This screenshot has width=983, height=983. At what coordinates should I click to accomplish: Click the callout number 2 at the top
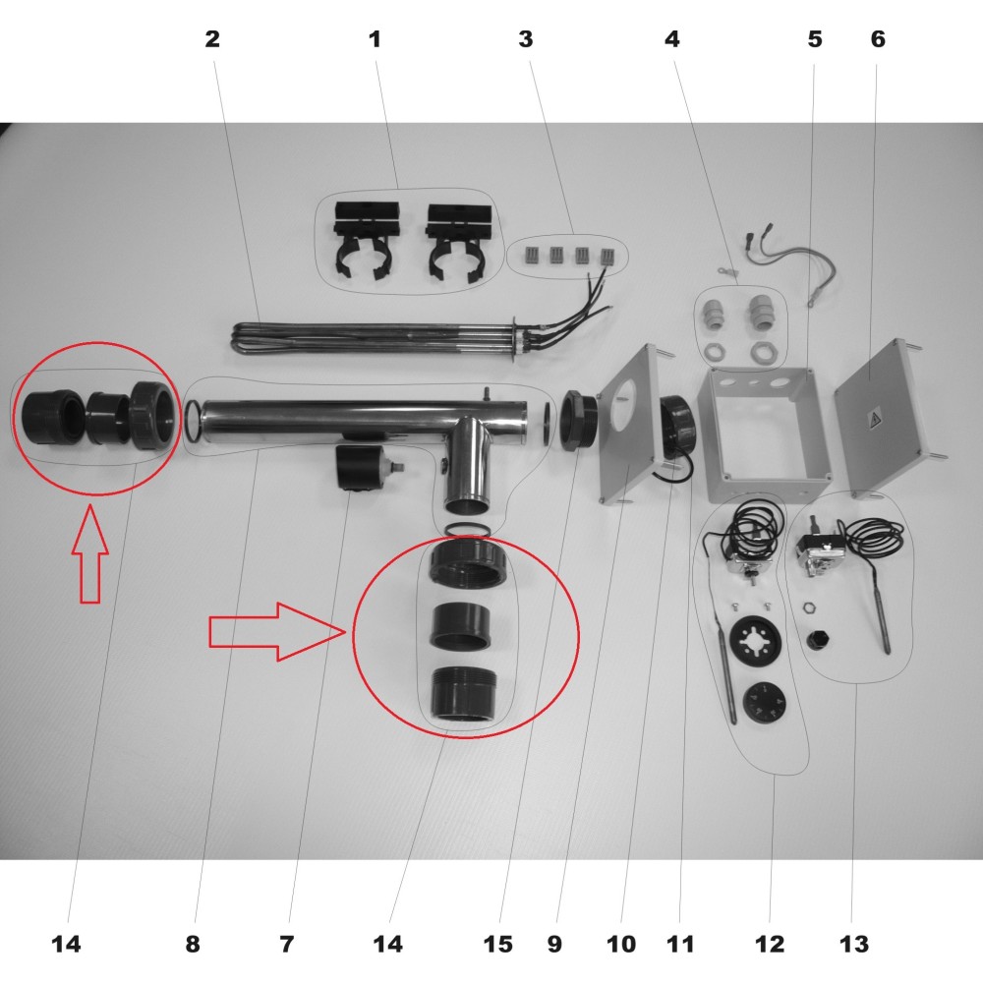[212, 39]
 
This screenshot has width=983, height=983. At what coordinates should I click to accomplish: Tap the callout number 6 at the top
[878, 39]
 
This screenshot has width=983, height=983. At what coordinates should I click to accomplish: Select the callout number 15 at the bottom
[497, 944]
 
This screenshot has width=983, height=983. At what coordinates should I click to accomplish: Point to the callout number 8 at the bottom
[193, 944]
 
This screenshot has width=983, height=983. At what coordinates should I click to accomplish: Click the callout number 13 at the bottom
[854, 944]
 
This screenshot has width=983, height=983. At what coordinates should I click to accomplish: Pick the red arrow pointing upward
[90, 554]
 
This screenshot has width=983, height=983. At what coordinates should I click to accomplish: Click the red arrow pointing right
[277, 631]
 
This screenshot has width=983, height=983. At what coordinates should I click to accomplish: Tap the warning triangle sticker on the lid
[873, 419]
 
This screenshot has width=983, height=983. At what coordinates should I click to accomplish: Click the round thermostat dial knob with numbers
[763, 701]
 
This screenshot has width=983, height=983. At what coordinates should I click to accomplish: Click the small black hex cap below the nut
[817, 641]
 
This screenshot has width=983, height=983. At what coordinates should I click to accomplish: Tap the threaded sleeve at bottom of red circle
[464, 694]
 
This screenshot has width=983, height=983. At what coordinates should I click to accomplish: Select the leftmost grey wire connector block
[531, 255]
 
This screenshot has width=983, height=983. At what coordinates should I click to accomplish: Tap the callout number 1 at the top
[375, 39]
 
